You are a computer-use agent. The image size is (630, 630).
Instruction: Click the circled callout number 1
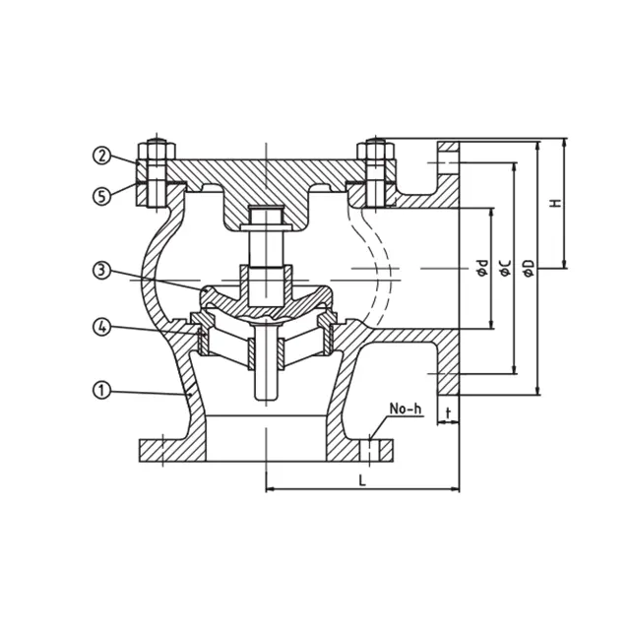(x=101, y=390)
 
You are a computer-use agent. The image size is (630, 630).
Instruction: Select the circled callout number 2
(x=101, y=156)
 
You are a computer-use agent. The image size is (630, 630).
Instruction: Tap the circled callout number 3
(x=101, y=271)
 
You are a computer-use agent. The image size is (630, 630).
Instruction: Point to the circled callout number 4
(x=101, y=327)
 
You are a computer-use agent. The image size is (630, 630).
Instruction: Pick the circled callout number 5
(x=101, y=197)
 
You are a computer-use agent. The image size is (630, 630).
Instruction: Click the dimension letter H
(x=555, y=203)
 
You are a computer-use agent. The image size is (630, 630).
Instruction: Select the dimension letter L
(x=362, y=480)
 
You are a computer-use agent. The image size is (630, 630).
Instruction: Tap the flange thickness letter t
(x=448, y=412)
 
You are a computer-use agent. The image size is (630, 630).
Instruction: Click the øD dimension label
(x=530, y=268)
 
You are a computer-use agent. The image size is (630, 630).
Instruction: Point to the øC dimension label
(x=505, y=268)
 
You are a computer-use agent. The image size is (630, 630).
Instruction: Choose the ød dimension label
(x=482, y=268)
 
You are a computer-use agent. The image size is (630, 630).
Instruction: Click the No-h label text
(x=406, y=409)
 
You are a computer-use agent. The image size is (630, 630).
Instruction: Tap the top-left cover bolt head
(x=157, y=151)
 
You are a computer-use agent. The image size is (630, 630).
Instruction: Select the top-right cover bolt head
(x=376, y=150)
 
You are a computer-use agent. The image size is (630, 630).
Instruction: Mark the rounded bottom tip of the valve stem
(x=266, y=398)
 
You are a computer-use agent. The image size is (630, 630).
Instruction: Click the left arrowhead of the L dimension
(x=267, y=489)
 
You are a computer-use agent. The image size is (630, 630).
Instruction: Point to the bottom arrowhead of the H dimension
(x=564, y=265)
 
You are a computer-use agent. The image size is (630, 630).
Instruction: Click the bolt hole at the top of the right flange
(x=448, y=162)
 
